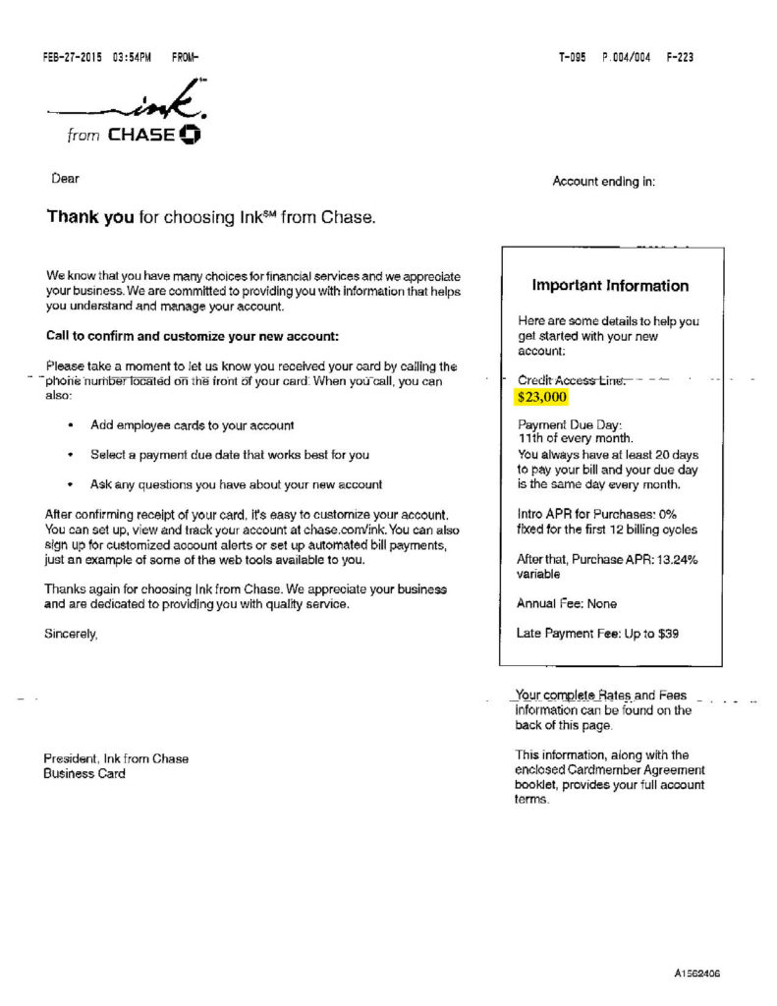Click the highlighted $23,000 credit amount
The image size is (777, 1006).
542,398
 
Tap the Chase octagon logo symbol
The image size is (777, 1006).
191,135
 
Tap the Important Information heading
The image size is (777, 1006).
610,286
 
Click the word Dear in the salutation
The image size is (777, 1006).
65,179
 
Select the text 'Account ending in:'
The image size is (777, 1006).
604,182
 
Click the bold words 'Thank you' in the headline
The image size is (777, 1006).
90,217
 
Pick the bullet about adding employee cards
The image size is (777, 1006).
193,425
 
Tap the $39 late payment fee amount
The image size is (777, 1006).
666,634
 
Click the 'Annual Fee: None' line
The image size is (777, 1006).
567,603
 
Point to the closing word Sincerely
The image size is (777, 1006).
72,635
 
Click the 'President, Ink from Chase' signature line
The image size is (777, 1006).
116,758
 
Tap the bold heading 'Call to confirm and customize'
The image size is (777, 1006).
193,336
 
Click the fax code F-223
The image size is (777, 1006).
680,57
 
